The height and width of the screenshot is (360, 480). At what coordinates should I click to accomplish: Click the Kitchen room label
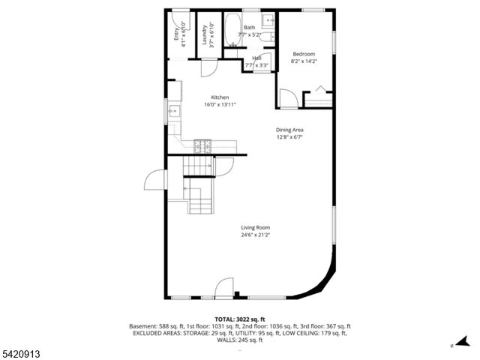(x=220, y=97)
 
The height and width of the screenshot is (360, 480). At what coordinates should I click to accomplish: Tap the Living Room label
(x=255, y=227)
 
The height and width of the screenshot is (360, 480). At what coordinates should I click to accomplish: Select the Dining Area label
(x=289, y=130)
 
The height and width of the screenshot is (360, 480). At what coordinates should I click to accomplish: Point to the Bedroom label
(x=304, y=53)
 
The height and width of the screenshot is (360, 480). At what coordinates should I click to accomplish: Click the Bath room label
(x=249, y=28)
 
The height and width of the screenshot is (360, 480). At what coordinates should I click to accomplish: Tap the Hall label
(x=256, y=58)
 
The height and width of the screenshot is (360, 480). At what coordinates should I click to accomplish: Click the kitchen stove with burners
(x=202, y=144)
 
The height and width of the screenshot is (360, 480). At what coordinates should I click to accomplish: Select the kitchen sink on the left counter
(x=174, y=112)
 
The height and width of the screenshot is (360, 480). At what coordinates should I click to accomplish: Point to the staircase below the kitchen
(x=199, y=184)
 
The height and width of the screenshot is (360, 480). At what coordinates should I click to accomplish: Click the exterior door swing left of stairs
(x=156, y=180)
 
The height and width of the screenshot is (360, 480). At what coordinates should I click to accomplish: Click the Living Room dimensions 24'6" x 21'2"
(x=255, y=235)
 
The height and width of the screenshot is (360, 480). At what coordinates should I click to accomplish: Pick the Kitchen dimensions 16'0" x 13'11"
(x=220, y=105)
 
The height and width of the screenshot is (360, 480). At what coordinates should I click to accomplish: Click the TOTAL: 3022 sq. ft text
(x=240, y=319)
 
